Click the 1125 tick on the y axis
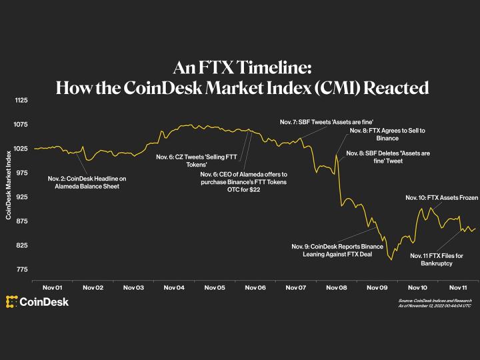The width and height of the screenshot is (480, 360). (21, 101)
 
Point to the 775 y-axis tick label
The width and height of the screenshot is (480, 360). (21, 269)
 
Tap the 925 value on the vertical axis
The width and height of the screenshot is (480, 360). (21, 197)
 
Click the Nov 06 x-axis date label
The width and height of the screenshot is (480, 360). (255, 287)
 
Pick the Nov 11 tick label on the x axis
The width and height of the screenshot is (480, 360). (459, 287)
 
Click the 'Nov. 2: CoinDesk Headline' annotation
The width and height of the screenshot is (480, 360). (87, 183)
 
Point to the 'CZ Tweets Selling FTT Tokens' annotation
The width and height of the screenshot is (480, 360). (187, 160)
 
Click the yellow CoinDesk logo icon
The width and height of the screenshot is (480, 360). (11, 302)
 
